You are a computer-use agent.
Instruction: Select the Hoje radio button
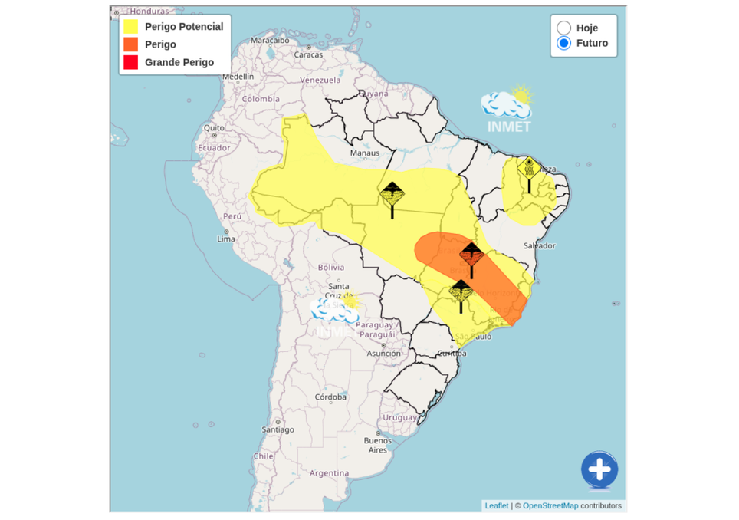click(x=564, y=28)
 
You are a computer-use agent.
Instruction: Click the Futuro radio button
click(x=564, y=43)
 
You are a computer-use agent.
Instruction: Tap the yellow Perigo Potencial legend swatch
click(x=131, y=27)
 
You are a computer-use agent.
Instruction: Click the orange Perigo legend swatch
click(x=131, y=44)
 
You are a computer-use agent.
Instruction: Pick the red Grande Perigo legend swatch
click(x=131, y=62)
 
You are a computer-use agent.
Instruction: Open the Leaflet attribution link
click(x=497, y=505)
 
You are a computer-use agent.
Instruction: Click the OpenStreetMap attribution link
click(x=550, y=505)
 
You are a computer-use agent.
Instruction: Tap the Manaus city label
click(x=365, y=153)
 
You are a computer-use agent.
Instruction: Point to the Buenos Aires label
click(x=378, y=445)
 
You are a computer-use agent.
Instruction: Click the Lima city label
click(x=226, y=239)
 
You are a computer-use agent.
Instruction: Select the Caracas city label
click(x=308, y=54)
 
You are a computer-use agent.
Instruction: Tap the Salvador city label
click(x=539, y=245)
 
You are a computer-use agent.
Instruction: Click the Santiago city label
click(x=278, y=429)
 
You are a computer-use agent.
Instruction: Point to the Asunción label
click(x=383, y=354)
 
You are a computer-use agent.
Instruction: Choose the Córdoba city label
click(x=331, y=397)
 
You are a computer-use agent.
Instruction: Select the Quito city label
click(x=214, y=128)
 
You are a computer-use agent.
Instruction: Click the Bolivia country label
click(x=331, y=267)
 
